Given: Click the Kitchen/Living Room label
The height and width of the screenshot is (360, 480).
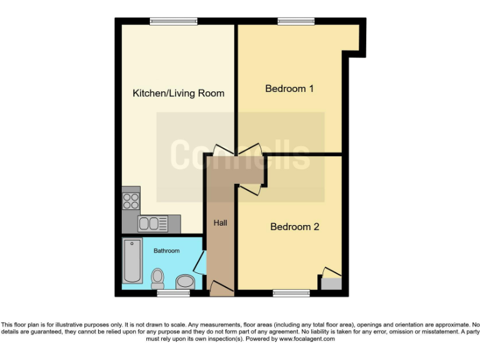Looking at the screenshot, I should pyautogui.click(x=178, y=93).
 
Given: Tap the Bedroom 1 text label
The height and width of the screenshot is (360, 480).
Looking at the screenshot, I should pyautogui.click(x=289, y=89).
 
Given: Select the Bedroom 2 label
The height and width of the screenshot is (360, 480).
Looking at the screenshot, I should pyautogui.click(x=294, y=227).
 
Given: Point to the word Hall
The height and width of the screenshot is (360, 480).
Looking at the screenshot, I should pyautogui.click(x=221, y=223).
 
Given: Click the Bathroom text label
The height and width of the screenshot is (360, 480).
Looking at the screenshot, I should pyautogui.click(x=166, y=251).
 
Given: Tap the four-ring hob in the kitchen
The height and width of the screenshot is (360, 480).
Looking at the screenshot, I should pyautogui.click(x=131, y=200).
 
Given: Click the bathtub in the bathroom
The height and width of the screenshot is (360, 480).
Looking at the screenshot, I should pyautogui.click(x=132, y=261).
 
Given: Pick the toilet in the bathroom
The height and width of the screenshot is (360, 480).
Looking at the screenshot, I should pyautogui.click(x=157, y=277).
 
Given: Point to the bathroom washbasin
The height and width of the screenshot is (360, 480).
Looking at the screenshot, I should pyautogui.click(x=184, y=282).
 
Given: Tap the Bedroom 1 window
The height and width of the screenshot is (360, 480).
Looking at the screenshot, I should pyautogui.click(x=296, y=21).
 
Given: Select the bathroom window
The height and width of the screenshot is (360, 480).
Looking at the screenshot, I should pyautogui.click(x=173, y=292).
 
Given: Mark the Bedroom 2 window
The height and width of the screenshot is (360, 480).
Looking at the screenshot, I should pyautogui.click(x=291, y=292).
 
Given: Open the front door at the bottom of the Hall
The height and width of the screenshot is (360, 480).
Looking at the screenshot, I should pyautogui.click(x=221, y=288).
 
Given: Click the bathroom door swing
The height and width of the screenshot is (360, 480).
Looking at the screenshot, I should pyautogui.click(x=199, y=263).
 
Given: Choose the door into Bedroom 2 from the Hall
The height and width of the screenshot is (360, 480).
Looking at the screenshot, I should pyautogui.click(x=247, y=190).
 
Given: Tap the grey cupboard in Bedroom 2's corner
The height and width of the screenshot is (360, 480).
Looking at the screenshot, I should pyautogui.click(x=331, y=283).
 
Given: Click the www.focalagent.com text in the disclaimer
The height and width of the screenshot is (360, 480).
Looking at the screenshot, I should pyautogui.click(x=306, y=339).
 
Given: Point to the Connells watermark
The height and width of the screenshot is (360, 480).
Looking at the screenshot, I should pyautogui.click(x=241, y=154).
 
